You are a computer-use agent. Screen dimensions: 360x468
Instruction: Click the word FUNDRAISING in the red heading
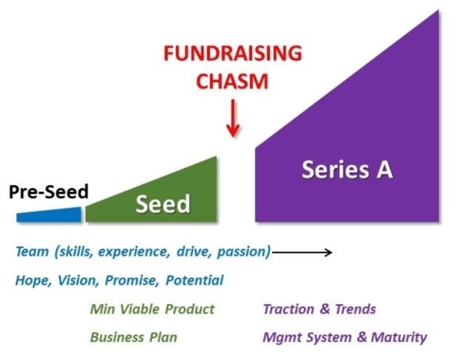[233, 53]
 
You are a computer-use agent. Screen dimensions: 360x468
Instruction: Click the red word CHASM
[233, 81]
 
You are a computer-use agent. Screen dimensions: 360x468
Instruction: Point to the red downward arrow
[233, 118]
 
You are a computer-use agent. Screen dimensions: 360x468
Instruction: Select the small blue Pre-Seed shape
[49, 215]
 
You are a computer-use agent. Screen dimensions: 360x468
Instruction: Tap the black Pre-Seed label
[49, 192]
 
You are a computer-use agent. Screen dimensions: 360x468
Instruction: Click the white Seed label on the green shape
[163, 204]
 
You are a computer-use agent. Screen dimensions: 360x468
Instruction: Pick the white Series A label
[347, 170]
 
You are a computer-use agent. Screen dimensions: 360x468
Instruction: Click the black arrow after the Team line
[302, 252]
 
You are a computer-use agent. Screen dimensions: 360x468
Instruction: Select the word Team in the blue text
[32, 252]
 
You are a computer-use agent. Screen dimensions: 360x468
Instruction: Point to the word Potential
[195, 281]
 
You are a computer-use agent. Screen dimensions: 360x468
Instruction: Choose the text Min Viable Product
[152, 309]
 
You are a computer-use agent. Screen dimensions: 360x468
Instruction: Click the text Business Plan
[134, 337]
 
